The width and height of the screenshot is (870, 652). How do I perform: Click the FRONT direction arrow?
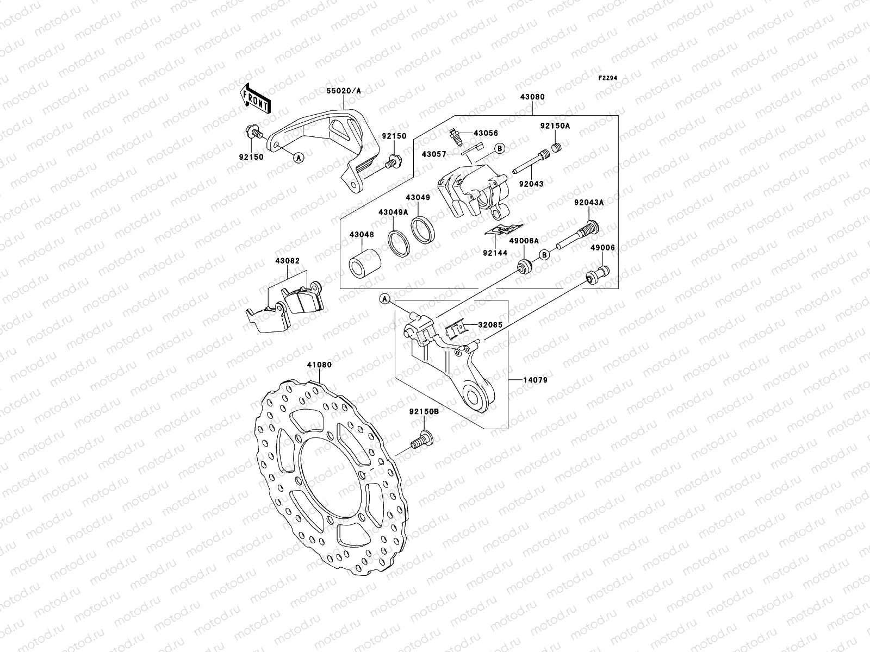[256, 98]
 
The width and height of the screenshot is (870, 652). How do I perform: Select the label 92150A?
[555, 126]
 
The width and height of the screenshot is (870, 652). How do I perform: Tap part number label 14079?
[536, 380]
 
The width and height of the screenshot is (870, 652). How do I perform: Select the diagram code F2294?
[608, 78]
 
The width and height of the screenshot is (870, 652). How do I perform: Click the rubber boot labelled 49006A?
[525, 267]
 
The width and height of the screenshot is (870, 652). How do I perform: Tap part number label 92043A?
[589, 203]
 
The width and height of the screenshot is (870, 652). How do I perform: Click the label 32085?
[490, 325]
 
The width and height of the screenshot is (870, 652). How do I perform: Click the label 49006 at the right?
[602, 248]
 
